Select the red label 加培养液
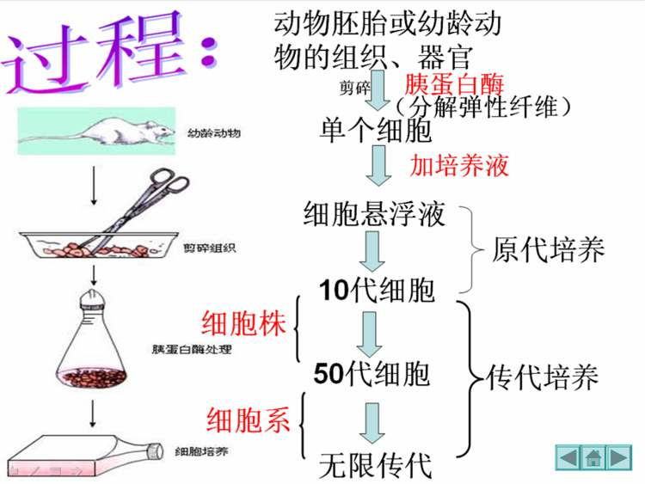coord(459,164)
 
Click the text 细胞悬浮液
coord(375,213)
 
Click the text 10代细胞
coord(376,290)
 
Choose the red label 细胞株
coord(243,326)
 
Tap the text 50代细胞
coord(372,375)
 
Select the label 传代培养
coord(544,376)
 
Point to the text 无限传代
coord(373,465)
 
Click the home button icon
coord(593,457)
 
